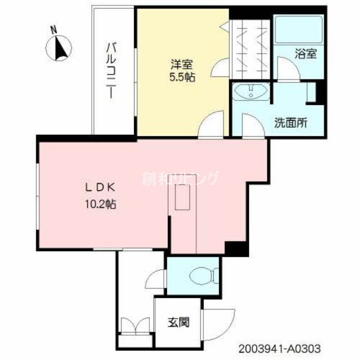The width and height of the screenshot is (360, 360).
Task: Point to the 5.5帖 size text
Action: click(182, 76)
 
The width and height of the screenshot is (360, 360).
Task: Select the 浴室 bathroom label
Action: click(306, 54)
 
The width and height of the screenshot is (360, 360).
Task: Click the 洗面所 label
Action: click(291, 123)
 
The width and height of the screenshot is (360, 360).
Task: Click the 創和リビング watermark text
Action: click(180, 179)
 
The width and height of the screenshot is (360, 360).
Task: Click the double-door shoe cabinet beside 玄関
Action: click(135, 325)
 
